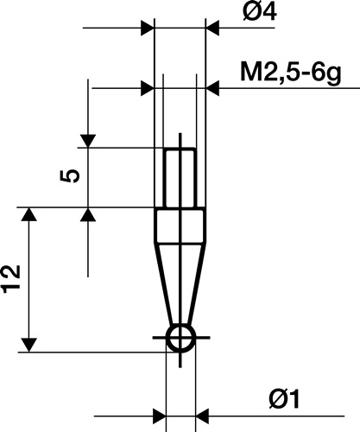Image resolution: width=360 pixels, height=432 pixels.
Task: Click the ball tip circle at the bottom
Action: click(180, 339)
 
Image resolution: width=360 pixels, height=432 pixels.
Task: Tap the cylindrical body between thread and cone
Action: click(180, 226)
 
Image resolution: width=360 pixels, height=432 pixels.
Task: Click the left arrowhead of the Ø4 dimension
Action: click(146, 29)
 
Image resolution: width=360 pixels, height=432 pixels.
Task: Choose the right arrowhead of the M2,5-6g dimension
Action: click(204, 87)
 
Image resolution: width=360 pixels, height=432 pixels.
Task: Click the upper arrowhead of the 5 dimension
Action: click(88, 141)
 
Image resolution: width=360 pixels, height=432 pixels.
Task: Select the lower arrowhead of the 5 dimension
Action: click(88, 213)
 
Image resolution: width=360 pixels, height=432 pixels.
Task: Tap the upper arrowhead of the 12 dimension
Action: click(30, 215)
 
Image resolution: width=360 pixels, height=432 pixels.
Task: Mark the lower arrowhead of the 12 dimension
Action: click(30, 345)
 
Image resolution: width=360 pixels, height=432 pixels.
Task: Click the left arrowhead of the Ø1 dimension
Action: click(158, 414)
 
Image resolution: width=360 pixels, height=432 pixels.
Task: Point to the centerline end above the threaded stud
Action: click(180, 134)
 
